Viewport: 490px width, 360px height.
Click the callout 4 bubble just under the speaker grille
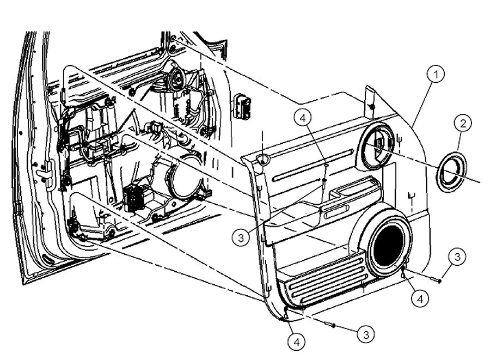click(420, 298)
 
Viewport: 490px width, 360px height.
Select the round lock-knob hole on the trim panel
click(263, 158)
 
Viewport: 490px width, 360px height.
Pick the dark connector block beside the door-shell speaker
click(134, 197)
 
